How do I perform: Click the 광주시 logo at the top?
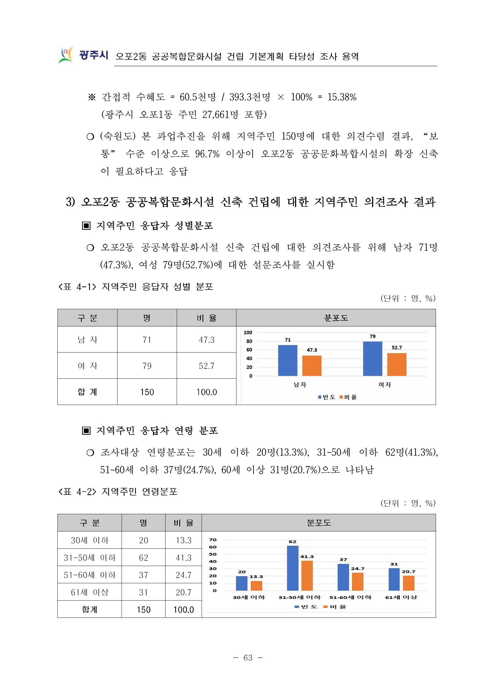(x=83, y=55)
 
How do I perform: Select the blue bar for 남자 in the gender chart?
(x=287, y=360)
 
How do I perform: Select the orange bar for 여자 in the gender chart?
(x=396, y=364)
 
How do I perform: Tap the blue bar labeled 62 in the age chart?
(x=292, y=568)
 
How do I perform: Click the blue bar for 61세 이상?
(x=394, y=579)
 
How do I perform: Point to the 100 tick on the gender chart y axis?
(x=248, y=332)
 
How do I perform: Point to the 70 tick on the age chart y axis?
(x=213, y=540)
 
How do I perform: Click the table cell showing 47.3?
(x=206, y=340)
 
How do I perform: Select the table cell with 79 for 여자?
(x=147, y=365)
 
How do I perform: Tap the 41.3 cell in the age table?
(x=183, y=558)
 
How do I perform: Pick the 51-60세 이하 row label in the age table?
(x=89, y=575)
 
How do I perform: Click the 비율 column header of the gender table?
(x=206, y=318)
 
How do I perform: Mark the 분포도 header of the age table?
(x=318, y=523)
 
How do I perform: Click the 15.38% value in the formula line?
(x=342, y=97)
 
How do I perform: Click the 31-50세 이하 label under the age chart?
(x=299, y=597)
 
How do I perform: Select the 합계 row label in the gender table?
(x=87, y=392)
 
